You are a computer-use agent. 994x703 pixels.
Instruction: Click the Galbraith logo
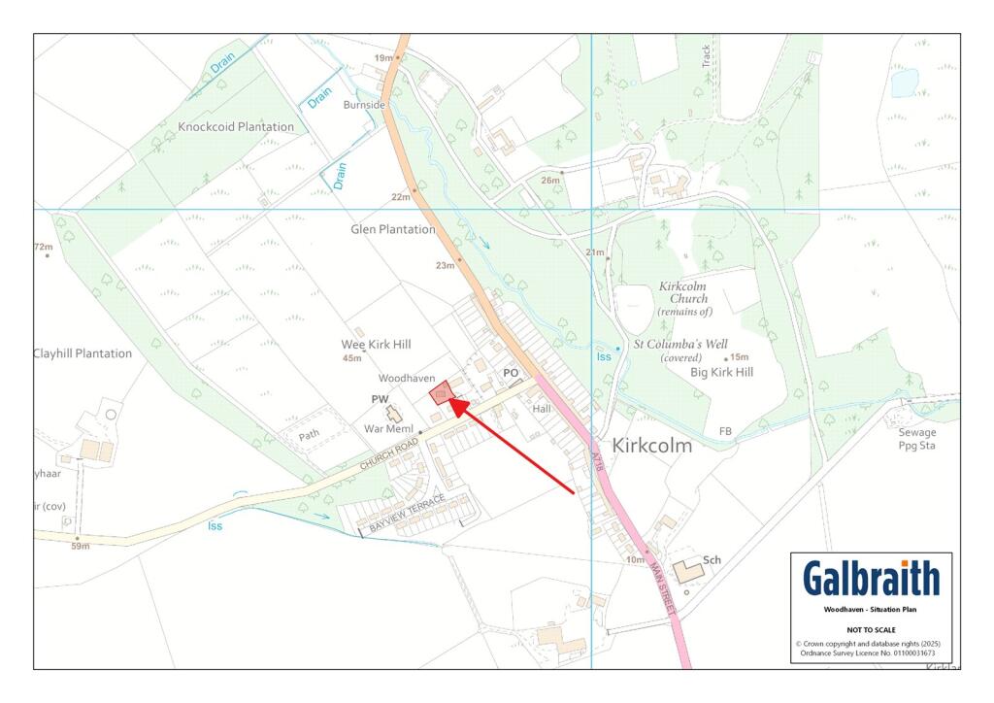point(871,579)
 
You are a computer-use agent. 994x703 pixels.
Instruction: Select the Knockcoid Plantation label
point(236,127)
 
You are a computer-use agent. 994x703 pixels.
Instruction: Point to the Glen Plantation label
point(393,230)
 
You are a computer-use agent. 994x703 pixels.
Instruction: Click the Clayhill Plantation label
point(83,353)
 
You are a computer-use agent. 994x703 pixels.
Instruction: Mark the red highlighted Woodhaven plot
point(444,394)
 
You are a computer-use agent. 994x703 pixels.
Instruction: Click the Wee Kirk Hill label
point(377,345)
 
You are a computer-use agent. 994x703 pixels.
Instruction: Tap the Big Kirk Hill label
point(721,372)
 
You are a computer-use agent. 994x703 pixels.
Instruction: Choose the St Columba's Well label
point(679,344)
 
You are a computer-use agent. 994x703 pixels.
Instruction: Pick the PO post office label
point(511,373)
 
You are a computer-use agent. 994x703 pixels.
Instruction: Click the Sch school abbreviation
point(712,560)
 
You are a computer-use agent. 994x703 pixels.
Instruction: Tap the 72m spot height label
point(44,248)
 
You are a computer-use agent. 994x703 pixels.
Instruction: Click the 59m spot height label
point(80,546)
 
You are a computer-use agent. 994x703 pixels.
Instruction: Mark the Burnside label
point(364,105)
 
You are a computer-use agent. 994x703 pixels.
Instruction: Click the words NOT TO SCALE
point(871,629)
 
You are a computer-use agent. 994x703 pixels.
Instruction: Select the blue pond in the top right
point(905,83)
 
